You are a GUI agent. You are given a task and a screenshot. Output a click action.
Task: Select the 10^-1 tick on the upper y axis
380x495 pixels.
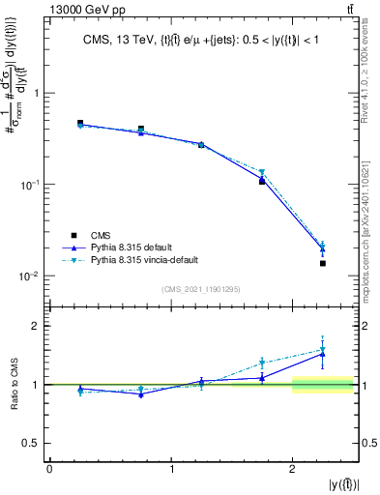pyautogui.click(x=33, y=184)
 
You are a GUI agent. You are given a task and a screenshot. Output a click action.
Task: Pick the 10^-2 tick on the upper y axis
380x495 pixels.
pyautogui.click(x=33, y=276)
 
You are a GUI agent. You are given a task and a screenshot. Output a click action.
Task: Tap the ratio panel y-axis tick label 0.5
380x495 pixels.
pyautogui.click(x=35, y=443)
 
